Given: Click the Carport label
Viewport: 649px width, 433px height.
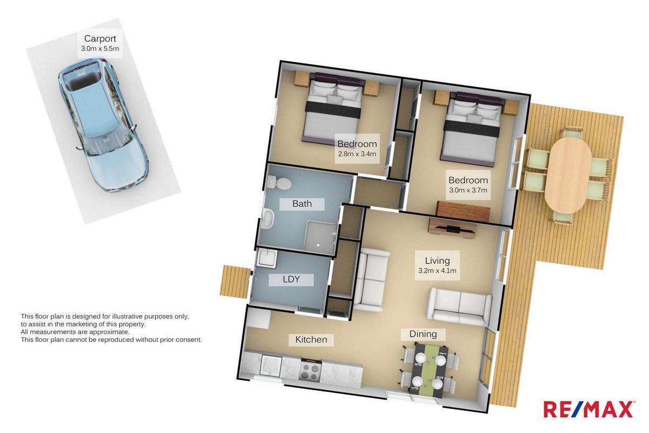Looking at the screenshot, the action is (100, 38).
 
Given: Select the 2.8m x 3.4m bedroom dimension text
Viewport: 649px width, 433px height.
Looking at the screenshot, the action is (357, 154).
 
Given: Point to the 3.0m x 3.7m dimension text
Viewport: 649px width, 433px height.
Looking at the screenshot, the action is (468, 191).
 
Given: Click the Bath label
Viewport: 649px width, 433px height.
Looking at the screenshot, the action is (302, 204).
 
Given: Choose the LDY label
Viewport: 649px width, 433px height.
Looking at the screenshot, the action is (291, 279).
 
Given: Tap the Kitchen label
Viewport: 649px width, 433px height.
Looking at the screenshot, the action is (311, 339).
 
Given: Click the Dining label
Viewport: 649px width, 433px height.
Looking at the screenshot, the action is (423, 334).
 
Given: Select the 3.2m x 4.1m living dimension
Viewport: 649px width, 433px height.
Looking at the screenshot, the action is (437, 271).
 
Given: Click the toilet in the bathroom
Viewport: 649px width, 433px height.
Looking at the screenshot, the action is (279, 183).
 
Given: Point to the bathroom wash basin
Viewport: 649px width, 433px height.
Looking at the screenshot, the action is (268, 219).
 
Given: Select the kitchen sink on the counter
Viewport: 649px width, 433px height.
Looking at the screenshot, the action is (271, 365).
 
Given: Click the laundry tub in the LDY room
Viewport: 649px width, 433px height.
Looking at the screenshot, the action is (267, 257).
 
